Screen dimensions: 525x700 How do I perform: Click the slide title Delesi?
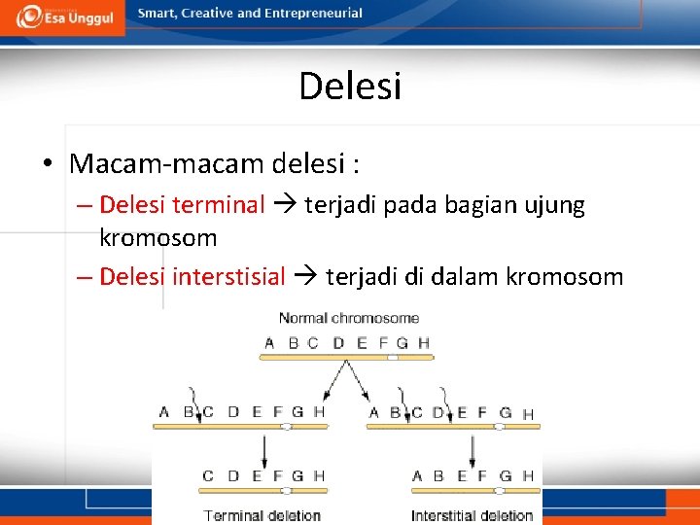click(350, 86)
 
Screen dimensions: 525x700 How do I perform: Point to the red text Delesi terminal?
click(182, 205)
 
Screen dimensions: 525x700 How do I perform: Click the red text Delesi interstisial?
click(192, 277)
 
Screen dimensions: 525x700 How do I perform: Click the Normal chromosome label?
click(349, 318)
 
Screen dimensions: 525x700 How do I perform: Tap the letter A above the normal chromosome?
click(269, 342)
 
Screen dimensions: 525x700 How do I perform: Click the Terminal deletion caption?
click(262, 515)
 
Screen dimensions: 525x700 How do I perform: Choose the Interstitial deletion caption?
click(472, 515)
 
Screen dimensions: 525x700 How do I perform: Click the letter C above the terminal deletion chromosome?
click(207, 475)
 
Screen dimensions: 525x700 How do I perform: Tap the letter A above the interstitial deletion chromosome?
click(417, 475)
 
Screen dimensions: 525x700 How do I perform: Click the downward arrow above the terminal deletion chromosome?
click(263, 449)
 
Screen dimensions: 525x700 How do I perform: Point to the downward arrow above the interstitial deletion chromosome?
click(472, 449)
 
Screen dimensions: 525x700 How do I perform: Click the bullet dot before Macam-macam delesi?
click(48, 163)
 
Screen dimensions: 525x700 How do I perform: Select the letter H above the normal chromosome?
click(423, 342)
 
